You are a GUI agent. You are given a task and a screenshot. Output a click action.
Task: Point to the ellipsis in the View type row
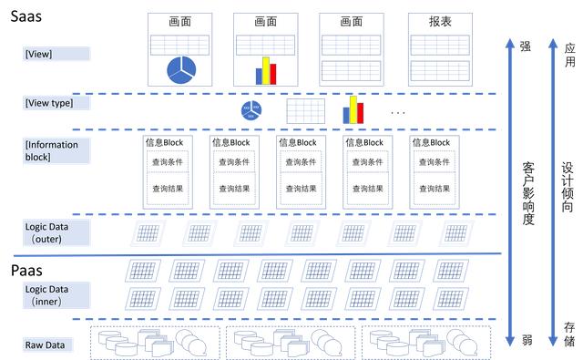397,112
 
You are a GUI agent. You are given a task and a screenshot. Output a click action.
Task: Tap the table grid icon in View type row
305,111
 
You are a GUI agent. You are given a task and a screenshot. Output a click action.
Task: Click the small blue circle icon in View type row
251,110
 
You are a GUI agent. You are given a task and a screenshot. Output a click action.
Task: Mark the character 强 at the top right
524,46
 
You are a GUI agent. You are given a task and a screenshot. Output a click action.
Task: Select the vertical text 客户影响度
528,194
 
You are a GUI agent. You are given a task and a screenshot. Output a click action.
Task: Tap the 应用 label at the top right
569,54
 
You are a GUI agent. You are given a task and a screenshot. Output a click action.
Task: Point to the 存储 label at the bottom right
569,334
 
